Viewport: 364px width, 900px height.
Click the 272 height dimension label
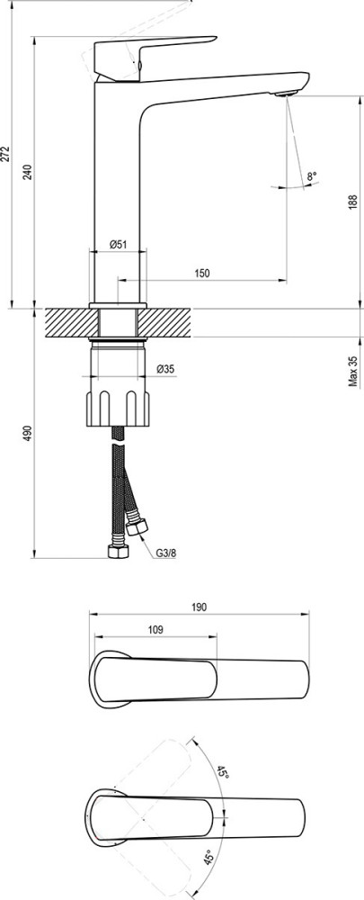(x=5, y=155)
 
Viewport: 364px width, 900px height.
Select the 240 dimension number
(x=28, y=172)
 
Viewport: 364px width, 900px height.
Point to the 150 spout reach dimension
(x=201, y=274)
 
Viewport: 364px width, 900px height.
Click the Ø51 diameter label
(x=118, y=244)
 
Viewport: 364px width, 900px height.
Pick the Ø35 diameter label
(x=165, y=368)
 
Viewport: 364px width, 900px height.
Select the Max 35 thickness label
(x=353, y=372)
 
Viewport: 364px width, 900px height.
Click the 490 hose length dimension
(x=28, y=434)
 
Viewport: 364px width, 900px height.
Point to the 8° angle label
(x=311, y=176)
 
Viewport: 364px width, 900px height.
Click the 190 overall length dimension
(x=199, y=607)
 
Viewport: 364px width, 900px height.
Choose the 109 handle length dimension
(x=155, y=630)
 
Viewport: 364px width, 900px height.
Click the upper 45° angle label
(x=222, y=771)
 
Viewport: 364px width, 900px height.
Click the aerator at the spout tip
(x=286, y=94)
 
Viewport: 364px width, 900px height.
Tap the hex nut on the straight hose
(x=119, y=552)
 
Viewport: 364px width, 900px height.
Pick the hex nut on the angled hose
(x=138, y=526)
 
